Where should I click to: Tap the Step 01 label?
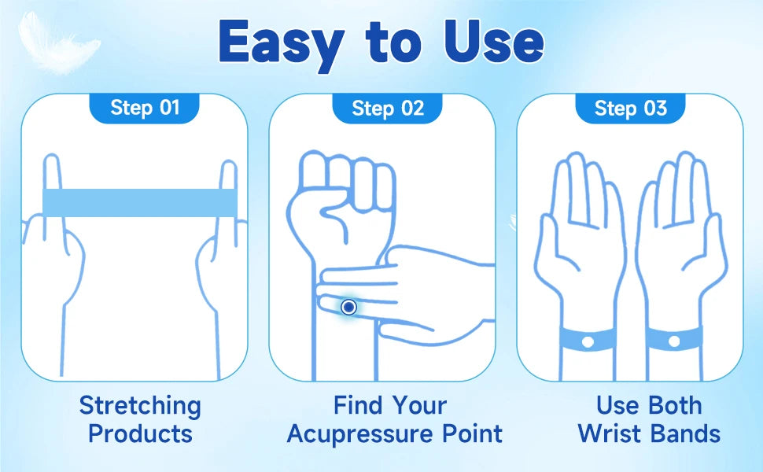(x=145, y=107)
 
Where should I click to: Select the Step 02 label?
(x=388, y=108)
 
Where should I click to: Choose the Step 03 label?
(x=630, y=108)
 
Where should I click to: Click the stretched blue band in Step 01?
(x=139, y=202)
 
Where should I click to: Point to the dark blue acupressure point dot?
(x=349, y=306)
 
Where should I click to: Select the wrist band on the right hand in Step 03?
(x=674, y=340)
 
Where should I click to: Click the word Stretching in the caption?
(x=140, y=407)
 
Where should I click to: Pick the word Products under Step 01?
(x=140, y=433)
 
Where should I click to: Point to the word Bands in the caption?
(x=686, y=433)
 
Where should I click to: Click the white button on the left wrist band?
(x=586, y=341)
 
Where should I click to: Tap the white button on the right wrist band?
(x=673, y=341)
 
